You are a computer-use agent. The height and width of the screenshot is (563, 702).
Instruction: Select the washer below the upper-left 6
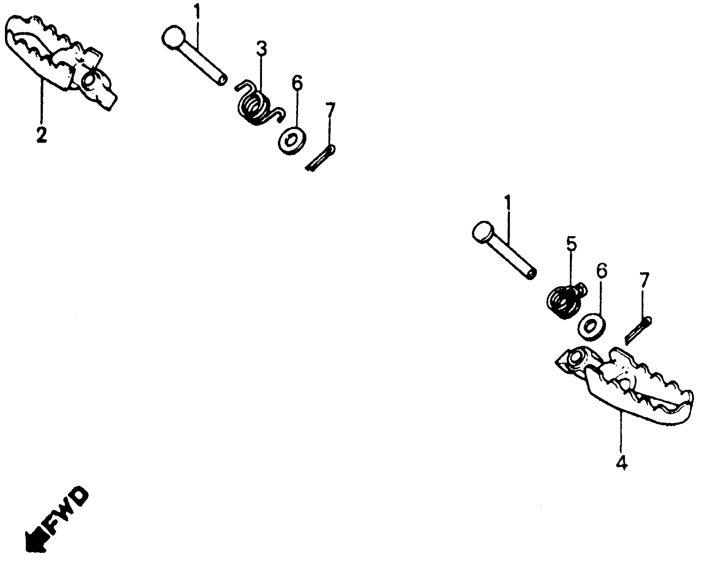click(x=292, y=141)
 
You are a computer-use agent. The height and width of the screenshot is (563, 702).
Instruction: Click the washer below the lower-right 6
click(x=592, y=327)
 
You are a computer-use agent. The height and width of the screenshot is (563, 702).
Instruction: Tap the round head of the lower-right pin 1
click(x=483, y=232)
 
